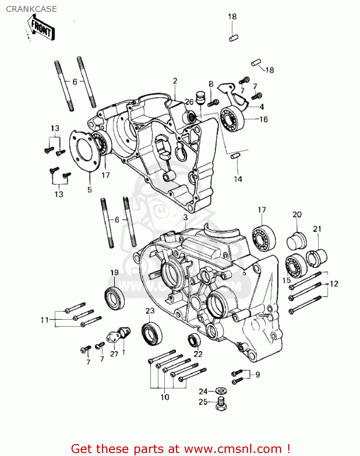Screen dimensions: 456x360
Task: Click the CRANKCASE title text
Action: tap(31, 9)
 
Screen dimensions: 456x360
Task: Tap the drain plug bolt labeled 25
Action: tap(221, 404)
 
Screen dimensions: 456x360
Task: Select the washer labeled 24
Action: tap(221, 390)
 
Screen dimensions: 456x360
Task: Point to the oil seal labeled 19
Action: tap(114, 298)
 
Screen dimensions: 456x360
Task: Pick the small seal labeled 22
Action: tap(194, 340)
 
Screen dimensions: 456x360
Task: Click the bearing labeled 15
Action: tap(296, 266)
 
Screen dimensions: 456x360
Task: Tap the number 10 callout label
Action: tap(165, 397)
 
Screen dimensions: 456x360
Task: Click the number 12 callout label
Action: tap(334, 284)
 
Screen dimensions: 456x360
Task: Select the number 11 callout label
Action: tap(44, 320)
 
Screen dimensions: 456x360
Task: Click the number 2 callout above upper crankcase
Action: tap(175, 81)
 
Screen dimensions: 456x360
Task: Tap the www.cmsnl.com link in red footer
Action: tap(233, 449)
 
